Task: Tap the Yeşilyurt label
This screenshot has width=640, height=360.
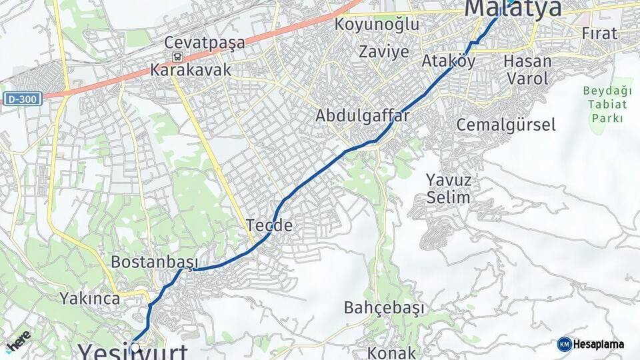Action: coord(133,351)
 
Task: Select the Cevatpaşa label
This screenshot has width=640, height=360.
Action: coord(207,43)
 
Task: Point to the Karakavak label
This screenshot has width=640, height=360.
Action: coord(191,69)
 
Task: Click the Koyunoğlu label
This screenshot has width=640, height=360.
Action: coord(377,25)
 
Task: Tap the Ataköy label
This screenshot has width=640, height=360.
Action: coord(449,61)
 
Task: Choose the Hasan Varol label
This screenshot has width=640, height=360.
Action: coord(528,69)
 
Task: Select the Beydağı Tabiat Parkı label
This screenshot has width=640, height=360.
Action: coord(606,104)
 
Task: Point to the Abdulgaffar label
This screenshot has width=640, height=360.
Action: coord(362,115)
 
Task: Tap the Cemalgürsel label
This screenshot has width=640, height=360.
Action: coord(506,125)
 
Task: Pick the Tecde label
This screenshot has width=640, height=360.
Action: coord(269,225)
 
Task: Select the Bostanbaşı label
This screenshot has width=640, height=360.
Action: coord(155,261)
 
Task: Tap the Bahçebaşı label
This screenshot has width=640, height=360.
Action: coord(384,307)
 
